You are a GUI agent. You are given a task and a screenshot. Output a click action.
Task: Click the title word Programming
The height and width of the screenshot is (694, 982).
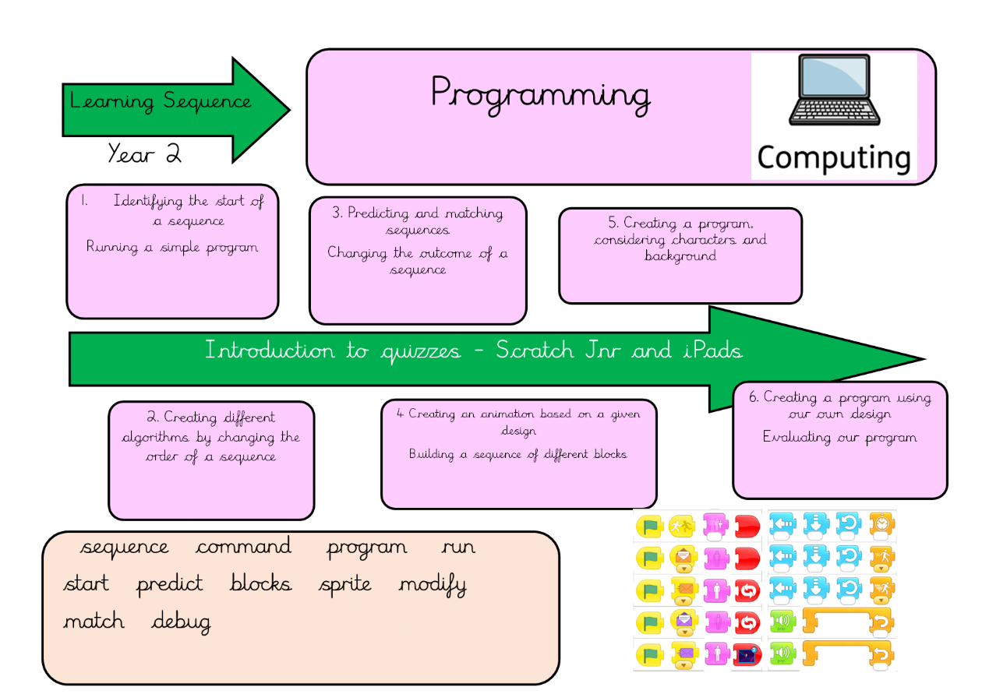pos(539,95)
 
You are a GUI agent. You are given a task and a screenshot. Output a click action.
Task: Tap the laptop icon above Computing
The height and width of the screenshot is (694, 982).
pos(834,91)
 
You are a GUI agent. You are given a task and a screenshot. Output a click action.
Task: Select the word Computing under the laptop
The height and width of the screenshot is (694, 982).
pos(833,158)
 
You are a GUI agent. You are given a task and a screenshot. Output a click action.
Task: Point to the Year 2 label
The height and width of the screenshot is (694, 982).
pos(144,154)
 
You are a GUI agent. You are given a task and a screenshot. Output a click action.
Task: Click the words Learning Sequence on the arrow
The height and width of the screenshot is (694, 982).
pos(161,101)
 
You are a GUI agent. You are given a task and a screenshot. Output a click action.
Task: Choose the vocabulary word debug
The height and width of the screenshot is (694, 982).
pos(181,622)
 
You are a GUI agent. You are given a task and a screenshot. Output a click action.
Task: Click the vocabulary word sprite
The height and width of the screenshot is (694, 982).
pos(345,584)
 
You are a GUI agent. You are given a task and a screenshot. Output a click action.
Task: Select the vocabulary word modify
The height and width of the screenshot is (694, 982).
pos(433,584)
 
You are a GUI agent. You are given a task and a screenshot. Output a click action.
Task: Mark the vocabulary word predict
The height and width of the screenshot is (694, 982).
pos(170,584)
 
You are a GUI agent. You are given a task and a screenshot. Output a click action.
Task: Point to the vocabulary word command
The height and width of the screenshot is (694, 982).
pos(244,547)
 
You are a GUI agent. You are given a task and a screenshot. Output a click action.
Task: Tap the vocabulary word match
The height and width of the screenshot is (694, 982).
pos(94,622)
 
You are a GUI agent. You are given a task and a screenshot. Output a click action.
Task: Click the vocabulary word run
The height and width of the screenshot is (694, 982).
pos(458,547)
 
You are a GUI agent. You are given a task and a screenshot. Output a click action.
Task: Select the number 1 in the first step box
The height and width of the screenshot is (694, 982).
pos(83,201)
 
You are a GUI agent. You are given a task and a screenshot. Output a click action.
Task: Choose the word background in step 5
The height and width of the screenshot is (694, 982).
pos(680,256)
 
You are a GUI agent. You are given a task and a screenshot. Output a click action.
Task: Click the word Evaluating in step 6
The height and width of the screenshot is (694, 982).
pos(796,437)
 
